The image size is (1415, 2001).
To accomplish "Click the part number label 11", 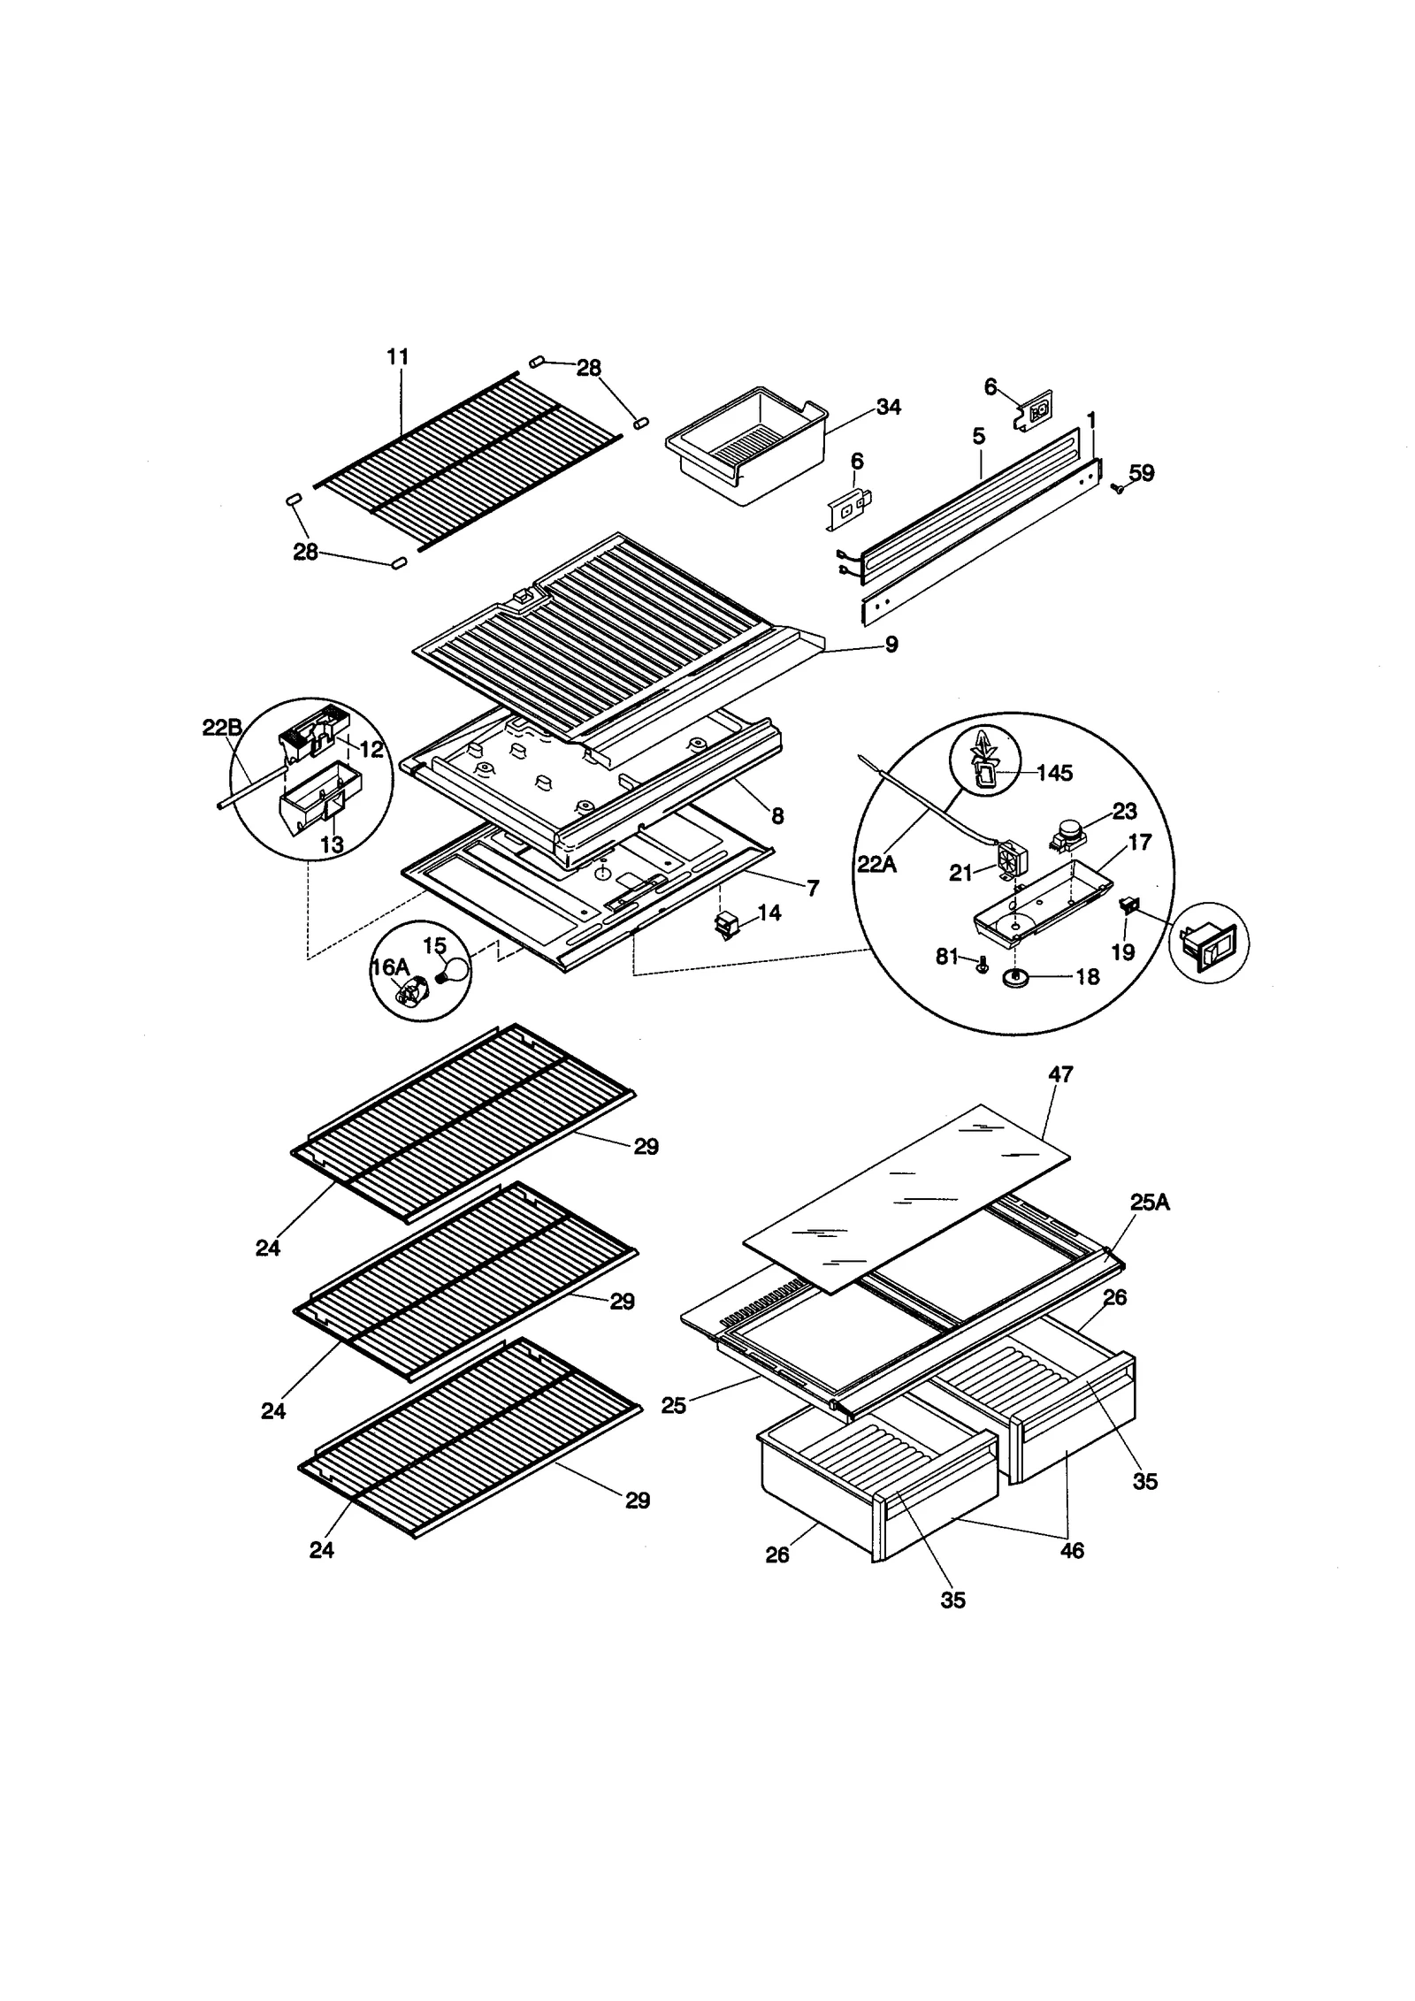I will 398,357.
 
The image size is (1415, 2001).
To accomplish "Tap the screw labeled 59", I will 1118,487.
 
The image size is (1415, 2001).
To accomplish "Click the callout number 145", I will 1054,773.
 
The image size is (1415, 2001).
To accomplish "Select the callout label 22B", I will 222,728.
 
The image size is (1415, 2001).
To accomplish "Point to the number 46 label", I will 1071,1551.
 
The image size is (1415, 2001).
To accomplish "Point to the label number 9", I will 891,645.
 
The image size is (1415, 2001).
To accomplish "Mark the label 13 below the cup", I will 332,844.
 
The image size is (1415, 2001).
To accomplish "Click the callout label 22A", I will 876,863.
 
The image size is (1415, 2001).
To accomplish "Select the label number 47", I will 1060,1074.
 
